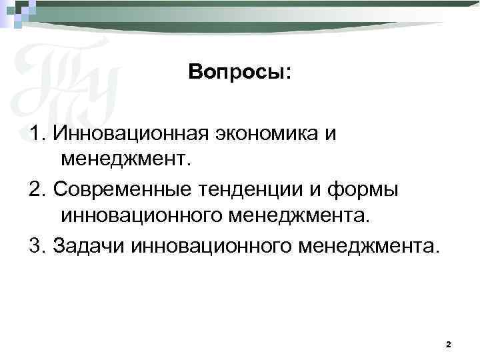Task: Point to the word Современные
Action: pos(124,190)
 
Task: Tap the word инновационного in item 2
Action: pos(141,215)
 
